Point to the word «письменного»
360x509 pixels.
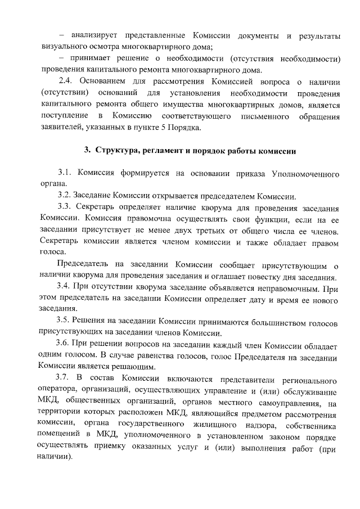(271, 116)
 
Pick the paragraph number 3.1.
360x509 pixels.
(65, 173)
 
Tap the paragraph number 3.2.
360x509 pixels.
(65, 196)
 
